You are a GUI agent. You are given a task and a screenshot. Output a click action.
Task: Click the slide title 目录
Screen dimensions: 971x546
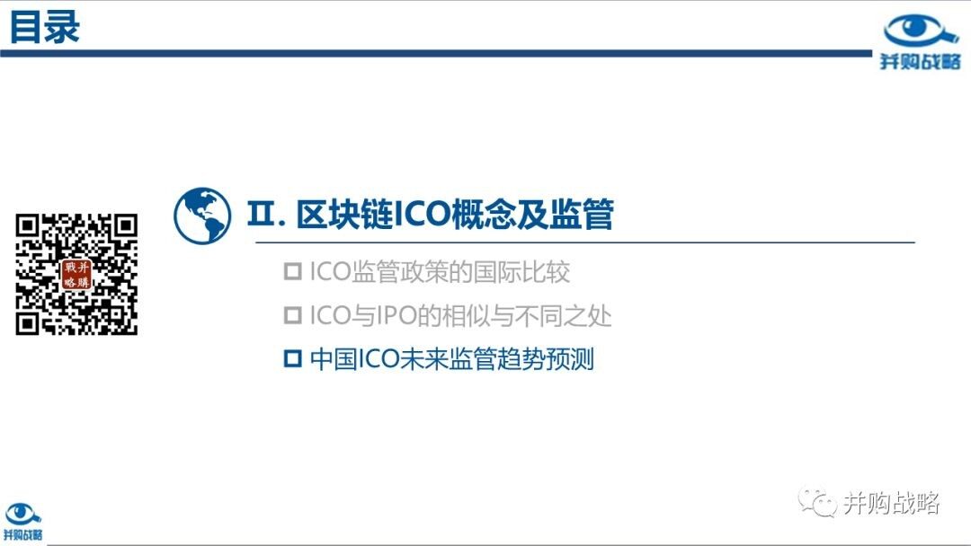(x=45, y=27)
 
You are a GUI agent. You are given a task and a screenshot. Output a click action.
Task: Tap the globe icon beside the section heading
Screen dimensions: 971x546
(x=202, y=216)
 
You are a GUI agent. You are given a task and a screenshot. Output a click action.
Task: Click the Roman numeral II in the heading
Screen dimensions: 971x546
(x=262, y=214)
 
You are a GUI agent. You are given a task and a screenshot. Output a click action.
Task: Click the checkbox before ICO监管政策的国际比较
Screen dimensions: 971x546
(x=292, y=271)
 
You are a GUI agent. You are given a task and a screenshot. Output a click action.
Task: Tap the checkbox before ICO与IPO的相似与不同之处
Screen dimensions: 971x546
(x=292, y=315)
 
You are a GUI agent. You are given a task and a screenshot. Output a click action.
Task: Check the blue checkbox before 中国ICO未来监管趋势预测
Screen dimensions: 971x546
(x=292, y=358)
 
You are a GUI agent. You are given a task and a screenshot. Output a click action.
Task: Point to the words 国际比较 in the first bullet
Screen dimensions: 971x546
(x=521, y=272)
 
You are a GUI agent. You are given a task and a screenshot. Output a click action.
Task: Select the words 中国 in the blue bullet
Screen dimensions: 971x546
(x=334, y=359)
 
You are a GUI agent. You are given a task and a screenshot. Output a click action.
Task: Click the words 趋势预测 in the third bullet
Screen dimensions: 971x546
(x=546, y=359)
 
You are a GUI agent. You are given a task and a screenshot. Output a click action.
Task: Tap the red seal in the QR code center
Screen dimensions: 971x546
(x=76, y=275)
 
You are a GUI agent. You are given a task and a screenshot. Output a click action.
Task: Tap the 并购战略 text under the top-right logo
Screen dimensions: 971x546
(x=921, y=61)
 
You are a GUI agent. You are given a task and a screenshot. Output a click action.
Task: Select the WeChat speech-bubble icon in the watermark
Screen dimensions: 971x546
(x=817, y=501)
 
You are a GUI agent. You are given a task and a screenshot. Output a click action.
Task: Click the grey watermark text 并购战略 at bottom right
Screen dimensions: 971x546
(x=892, y=503)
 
